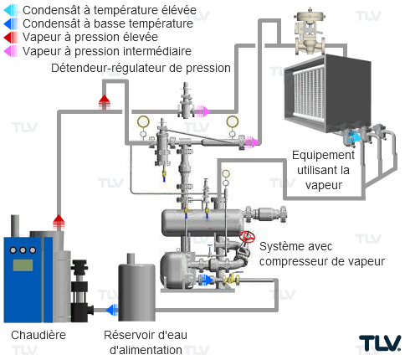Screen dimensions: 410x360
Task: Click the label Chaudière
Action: pyautogui.click(x=38, y=335)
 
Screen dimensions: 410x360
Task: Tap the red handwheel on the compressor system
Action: pyautogui.click(x=247, y=237)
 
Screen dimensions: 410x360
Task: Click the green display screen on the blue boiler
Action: pyautogui.click(x=23, y=265)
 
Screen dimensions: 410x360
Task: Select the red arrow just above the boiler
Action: pyautogui.click(x=59, y=222)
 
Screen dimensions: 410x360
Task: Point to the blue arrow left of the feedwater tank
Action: pyautogui.click(x=112, y=310)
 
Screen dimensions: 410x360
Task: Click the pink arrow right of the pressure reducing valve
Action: pyautogui.click(x=202, y=111)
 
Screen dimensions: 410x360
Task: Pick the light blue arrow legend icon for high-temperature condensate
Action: pyautogui.click(x=11, y=10)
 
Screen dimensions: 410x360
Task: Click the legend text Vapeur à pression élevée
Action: pyautogui.click(x=90, y=37)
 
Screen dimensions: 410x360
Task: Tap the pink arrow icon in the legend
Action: pyautogui.click(x=11, y=51)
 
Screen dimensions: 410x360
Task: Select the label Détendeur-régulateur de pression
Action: pyautogui.click(x=141, y=68)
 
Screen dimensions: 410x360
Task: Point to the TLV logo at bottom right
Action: pyautogui.click(x=380, y=342)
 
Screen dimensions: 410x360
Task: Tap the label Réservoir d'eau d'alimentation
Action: pyautogui.click(x=146, y=342)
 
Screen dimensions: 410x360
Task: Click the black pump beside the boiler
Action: pyautogui.click(x=80, y=291)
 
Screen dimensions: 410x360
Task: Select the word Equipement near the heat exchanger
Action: pyautogui.click(x=323, y=155)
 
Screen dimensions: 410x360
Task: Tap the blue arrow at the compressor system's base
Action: pyautogui.click(x=206, y=280)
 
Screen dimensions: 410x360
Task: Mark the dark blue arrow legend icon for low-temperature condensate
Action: pyautogui.click(x=11, y=23)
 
